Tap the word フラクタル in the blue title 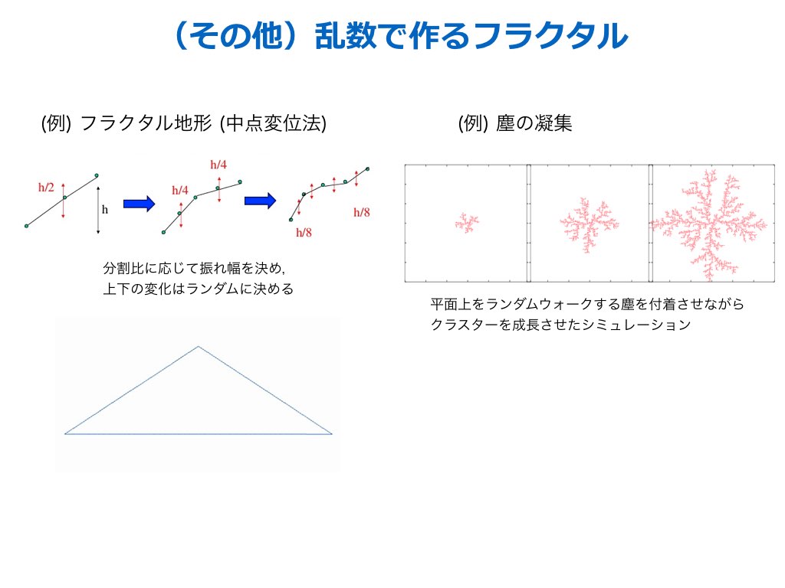[550, 36]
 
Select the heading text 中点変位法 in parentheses [273, 123]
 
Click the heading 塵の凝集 [534, 123]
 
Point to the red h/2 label [46, 188]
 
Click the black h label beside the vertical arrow [104, 209]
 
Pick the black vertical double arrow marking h [98, 210]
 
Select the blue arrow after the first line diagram [139, 204]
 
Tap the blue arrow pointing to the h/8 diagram [260, 201]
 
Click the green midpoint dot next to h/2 [64, 198]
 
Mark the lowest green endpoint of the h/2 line [27, 226]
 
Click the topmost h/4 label [218, 165]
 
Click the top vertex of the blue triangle [199, 346]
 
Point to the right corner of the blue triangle [331, 433]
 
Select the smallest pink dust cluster [467, 223]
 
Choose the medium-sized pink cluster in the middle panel [590, 224]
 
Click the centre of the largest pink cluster [709, 224]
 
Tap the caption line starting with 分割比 [194, 269]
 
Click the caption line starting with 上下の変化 [199, 289]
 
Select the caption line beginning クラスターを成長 [560, 325]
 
